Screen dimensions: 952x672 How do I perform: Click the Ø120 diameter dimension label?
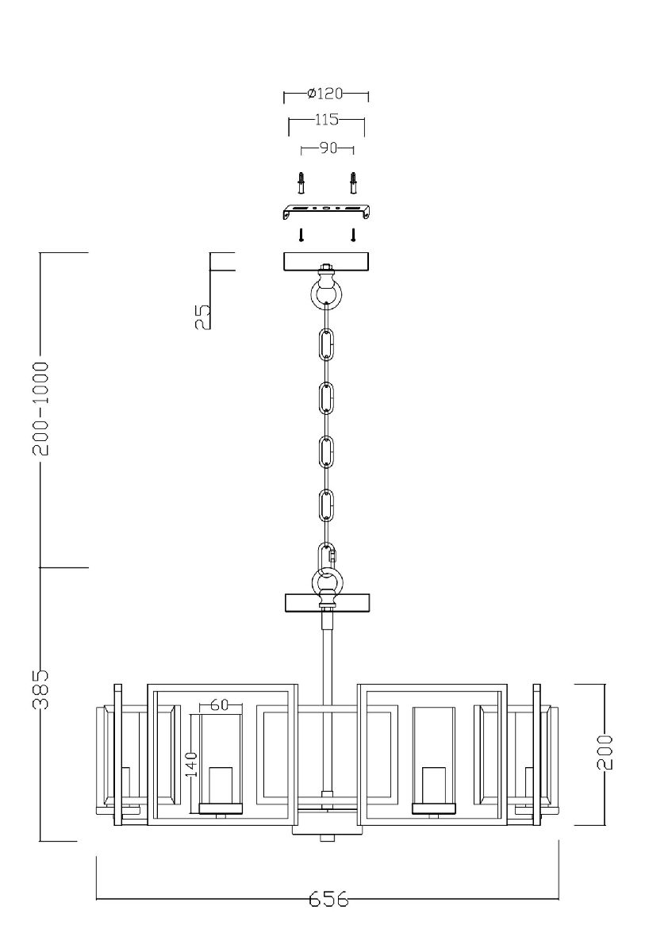324,94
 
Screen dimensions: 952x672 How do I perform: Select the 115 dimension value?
326,120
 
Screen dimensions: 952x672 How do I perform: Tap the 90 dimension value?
328,148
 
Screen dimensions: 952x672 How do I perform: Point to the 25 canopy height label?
203,317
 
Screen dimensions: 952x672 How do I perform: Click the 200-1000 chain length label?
42,409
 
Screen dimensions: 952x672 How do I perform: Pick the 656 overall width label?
328,900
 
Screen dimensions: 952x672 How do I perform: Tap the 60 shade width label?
220,704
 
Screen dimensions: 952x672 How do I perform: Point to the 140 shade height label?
191,766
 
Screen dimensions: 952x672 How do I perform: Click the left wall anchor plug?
301,183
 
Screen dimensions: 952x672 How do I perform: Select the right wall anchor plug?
353,183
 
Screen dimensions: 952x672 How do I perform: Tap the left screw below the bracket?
301,235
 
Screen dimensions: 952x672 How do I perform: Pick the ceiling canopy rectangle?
327,262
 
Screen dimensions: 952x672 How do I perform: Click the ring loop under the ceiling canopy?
326,295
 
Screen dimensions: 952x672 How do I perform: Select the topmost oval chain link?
326,345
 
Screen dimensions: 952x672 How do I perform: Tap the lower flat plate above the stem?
327,603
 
